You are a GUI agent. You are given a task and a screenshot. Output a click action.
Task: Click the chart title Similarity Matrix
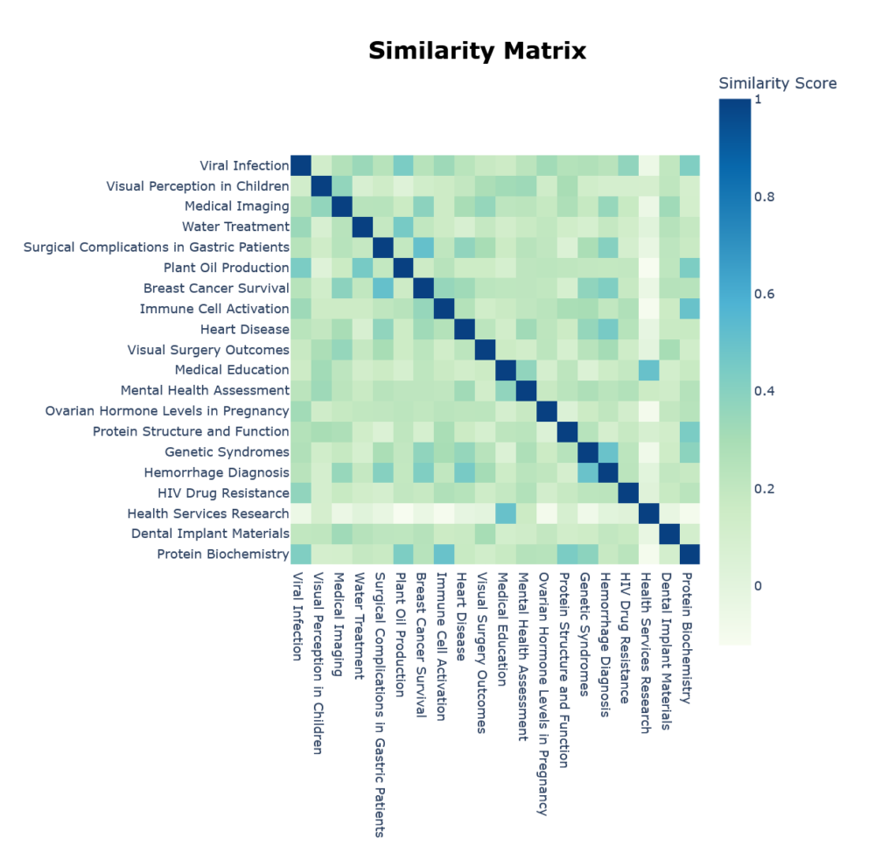click(477, 52)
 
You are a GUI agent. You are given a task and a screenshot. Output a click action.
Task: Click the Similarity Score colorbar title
click(777, 84)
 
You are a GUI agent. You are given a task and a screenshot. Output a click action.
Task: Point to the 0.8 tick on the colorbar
click(763, 197)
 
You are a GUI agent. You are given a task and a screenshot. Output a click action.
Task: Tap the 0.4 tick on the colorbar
click(763, 391)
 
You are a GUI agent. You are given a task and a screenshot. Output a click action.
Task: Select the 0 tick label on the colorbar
click(759, 585)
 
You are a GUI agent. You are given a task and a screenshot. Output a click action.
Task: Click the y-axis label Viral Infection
click(241, 165)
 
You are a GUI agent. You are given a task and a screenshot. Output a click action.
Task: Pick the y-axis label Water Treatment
click(235, 227)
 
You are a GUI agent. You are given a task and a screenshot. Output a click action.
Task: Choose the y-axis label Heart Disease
click(244, 329)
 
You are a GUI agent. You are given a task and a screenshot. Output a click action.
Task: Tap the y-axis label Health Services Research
click(208, 513)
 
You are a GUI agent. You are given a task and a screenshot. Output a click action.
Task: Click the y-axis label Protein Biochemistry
click(223, 554)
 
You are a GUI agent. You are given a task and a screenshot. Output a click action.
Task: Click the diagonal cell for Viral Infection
click(301, 165)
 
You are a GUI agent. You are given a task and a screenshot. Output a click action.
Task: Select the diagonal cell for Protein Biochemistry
click(689, 554)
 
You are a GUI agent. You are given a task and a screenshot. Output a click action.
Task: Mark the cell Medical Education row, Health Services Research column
click(648, 370)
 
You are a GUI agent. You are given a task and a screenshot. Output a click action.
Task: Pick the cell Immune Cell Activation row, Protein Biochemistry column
click(689, 309)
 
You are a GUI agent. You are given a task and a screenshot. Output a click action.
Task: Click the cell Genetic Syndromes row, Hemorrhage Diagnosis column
click(607, 451)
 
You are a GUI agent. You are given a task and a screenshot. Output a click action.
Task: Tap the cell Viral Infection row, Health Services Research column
click(648, 165)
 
